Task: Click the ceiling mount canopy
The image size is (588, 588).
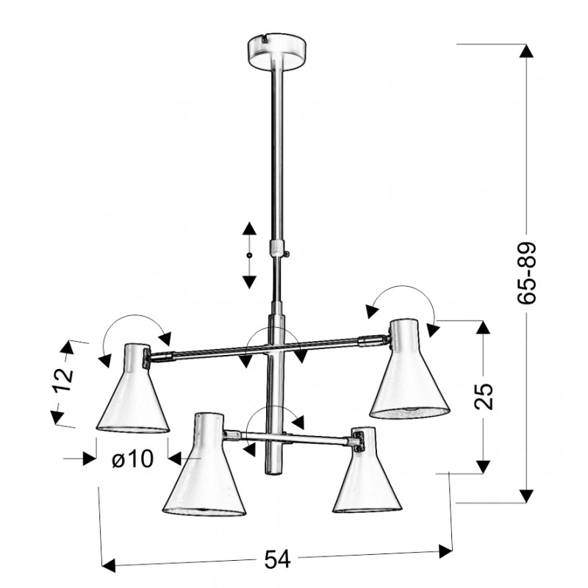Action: click(278, 51)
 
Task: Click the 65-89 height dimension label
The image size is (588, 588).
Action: click(526, 273)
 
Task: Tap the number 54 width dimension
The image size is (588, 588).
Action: click(278, 559)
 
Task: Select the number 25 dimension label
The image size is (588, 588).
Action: click(484, 396)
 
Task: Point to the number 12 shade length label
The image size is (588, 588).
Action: click(63, 380)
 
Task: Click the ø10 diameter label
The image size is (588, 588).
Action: click(133, 458)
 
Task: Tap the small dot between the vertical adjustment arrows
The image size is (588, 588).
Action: click(249, 255)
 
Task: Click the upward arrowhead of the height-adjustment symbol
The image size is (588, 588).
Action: click(249, 229)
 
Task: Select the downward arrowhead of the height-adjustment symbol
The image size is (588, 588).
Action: click(249, 282)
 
